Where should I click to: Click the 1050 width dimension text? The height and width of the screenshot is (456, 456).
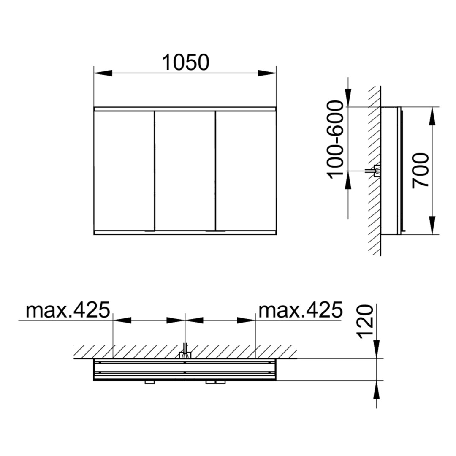coord(185,62)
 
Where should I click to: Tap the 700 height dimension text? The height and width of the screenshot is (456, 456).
coord(421,171)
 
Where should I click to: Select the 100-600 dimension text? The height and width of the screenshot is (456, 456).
coord(335,139)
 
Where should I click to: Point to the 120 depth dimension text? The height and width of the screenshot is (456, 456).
coord(365,322)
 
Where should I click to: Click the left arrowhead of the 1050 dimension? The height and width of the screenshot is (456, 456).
coord(103,73)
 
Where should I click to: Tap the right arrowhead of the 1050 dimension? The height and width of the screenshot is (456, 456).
coord(267,73)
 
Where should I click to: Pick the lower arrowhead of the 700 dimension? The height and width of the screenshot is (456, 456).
coord(432,225)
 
